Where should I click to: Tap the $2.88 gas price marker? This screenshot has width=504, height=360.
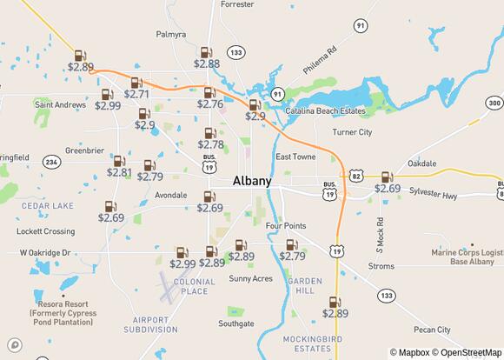(207, 58)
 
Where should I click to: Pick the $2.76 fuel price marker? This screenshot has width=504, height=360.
(209, 98)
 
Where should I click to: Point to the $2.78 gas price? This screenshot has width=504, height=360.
(210, 138)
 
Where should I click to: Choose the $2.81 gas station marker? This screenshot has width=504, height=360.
(119, 167)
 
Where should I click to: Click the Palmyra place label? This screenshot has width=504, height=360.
(170, 35)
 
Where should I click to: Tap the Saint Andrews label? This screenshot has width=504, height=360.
(60, 104)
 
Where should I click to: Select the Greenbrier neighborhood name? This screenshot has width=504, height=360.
(84, 150)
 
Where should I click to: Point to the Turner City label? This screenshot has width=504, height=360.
(352, 132)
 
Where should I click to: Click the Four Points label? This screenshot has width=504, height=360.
(286, 225)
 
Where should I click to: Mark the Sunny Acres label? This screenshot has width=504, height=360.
(250, 278)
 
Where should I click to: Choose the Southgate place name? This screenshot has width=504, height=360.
(236, 323)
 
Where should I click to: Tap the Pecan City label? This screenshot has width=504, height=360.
(432, 330)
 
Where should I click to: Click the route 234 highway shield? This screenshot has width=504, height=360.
(51, 162)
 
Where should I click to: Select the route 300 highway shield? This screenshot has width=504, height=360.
(494, 103)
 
